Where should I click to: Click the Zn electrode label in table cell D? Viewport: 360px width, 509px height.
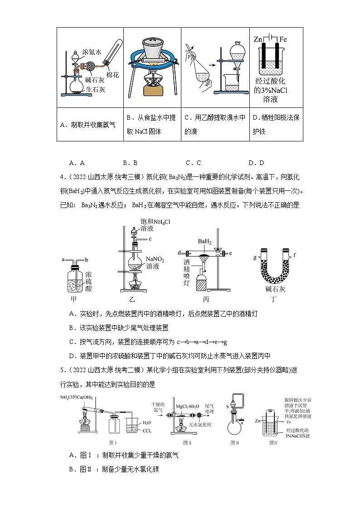click(258, 39)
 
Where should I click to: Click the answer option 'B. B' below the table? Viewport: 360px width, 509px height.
click(130, 163)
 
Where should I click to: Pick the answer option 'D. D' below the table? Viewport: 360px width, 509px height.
click(256, 163)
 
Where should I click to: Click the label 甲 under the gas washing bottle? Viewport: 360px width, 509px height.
click(75, 300)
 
